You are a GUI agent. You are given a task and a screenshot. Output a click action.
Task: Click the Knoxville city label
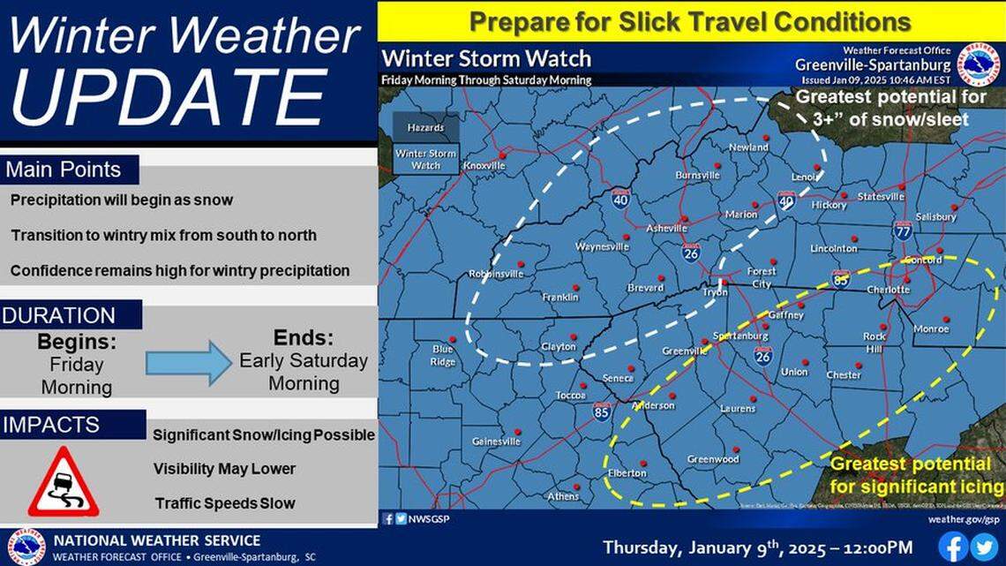click(484, 165)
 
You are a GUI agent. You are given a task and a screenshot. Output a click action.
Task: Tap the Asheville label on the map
click(666, 228)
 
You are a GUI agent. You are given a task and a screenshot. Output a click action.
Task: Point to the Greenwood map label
click(713, 459)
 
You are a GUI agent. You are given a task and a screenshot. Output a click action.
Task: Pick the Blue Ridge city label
click(443, 355)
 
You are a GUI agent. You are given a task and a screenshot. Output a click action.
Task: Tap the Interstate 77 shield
click(902, 230)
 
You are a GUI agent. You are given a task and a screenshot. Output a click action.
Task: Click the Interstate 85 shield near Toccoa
click(601, 411)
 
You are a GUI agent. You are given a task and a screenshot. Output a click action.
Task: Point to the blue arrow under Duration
click(188, 363)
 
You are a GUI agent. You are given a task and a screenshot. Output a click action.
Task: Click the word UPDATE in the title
click(169, 94)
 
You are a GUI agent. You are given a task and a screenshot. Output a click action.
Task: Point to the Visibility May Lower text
click(224, 469)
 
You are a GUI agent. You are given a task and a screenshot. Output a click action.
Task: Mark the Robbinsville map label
click(496, 274)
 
